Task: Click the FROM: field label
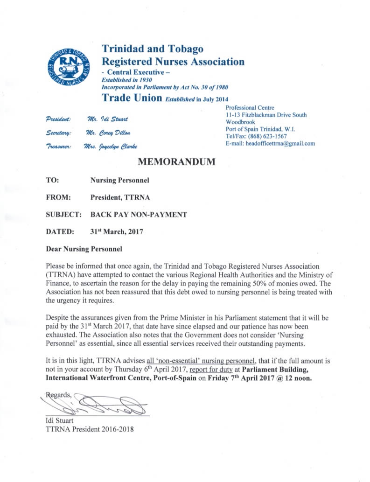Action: tap(58, 197)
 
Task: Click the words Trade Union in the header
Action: tap(132, 98)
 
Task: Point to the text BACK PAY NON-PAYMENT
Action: tap(139, 215)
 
